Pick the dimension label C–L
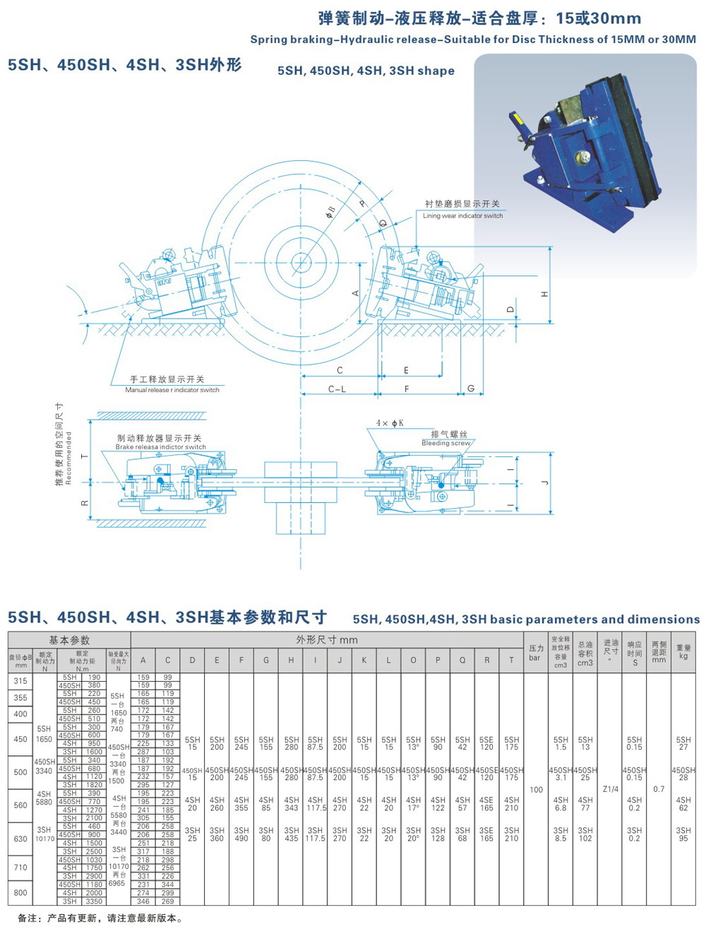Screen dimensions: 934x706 [x=337, y=389]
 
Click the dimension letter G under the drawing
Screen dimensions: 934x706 [x=471, y=389]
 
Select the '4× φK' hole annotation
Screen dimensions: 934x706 [x=390, y=422]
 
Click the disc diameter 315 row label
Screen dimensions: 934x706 [x=20, y=681]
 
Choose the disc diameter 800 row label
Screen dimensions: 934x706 [x=20, y=892]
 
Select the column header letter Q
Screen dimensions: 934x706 [x=462, y=661]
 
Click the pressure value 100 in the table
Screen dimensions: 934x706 [x=536, y=789]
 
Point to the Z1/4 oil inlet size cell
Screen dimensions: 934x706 [x=611, y=789]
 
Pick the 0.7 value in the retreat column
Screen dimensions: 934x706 [x=658, y=789]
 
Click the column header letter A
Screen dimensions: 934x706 [x=143, y=661]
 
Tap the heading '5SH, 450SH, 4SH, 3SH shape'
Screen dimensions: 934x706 [x=366, y=71]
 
